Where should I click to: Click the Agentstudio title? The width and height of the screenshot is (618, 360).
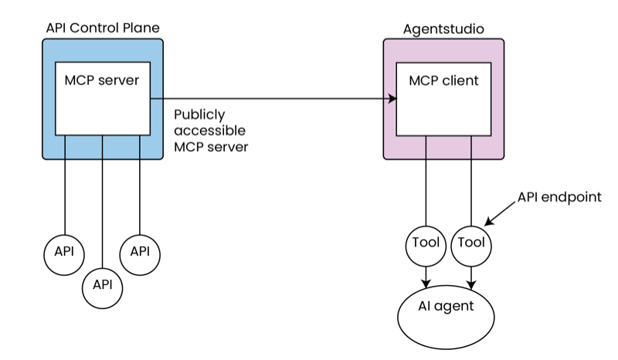443,29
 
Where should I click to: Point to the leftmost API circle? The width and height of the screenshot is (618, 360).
64,252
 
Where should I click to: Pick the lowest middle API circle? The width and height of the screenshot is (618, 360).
102,284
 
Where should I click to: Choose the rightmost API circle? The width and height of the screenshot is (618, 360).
140,252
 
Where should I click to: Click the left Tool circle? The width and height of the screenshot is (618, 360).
426,243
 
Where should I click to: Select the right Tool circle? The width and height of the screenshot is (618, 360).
471,243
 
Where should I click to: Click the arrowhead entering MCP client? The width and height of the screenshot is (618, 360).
392,99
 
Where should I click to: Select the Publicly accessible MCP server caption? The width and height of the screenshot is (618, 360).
210,129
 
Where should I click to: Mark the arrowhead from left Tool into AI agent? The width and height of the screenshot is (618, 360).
426,283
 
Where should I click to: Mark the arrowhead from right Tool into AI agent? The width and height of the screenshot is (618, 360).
471,284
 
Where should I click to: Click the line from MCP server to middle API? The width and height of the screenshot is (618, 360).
102,201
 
